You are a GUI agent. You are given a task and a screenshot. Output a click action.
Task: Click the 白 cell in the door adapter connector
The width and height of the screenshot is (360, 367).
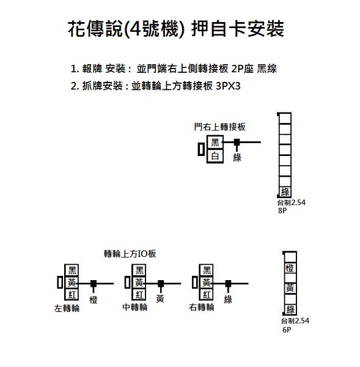coord(215,156)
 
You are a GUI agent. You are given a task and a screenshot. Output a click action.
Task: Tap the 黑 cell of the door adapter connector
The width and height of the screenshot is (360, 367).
coord(215,143)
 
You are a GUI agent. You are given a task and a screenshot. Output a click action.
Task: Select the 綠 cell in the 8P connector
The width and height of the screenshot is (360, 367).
coord(285,192)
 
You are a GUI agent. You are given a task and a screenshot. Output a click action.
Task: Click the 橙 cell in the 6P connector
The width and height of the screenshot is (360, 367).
coord(290,268)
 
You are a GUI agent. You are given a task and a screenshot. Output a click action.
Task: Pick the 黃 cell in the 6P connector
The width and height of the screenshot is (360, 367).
coord(290,288)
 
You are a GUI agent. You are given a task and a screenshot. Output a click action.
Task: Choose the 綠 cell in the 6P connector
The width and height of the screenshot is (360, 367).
coord(290,310)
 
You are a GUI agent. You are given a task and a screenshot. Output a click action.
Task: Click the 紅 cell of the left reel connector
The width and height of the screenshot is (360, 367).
coord(72,295)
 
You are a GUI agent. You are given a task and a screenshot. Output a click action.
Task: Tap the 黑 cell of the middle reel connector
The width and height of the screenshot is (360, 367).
coord(139,270)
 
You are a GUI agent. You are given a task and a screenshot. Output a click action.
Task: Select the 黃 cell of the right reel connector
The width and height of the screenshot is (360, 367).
coord(207,283)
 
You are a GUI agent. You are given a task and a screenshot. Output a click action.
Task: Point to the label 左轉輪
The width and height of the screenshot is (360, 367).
coord(67,308)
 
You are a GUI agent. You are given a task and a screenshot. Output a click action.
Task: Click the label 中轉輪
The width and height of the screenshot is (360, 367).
coord(135,307)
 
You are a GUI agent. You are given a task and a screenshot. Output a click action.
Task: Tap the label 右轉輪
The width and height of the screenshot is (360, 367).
coord(202,307)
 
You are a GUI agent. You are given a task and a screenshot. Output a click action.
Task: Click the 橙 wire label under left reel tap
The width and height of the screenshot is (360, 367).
coord(94,300)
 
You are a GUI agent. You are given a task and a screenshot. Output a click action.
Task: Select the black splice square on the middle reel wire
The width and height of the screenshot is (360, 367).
coord(161,283)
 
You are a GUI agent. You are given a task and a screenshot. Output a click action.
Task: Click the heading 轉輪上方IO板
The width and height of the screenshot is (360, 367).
coord(130,254)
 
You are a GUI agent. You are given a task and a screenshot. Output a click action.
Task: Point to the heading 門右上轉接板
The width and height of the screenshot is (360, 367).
coord(220,127)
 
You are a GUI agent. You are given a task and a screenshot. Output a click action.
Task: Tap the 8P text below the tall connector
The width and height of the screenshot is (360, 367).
coord(282,210)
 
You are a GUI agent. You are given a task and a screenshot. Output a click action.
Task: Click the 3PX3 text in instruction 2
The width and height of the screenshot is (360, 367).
coord(228,86)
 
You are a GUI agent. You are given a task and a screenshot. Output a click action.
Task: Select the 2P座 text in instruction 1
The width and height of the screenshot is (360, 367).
coord(242,69)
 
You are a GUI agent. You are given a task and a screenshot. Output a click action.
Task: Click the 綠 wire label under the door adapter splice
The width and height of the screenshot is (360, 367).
coord(237,158)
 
